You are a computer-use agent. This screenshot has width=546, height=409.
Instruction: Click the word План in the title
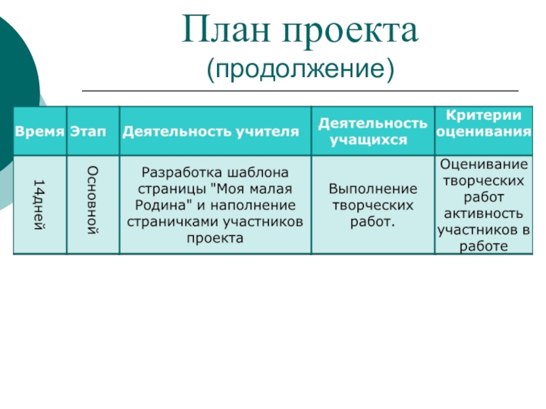tap(226, 33)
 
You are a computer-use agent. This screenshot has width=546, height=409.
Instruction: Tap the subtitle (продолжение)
tap(300, 68)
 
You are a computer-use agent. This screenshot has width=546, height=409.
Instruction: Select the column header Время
tap(40, 132)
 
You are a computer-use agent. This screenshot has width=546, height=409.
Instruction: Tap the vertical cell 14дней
tap(39, 204)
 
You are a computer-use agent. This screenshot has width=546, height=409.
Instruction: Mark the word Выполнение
tap(373, 187)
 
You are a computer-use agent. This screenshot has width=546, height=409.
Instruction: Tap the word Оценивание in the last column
tap(483, 164)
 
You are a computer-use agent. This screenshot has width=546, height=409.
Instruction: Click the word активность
tap(484, 214)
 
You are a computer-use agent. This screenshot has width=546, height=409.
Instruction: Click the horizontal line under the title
tap(300, 91)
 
